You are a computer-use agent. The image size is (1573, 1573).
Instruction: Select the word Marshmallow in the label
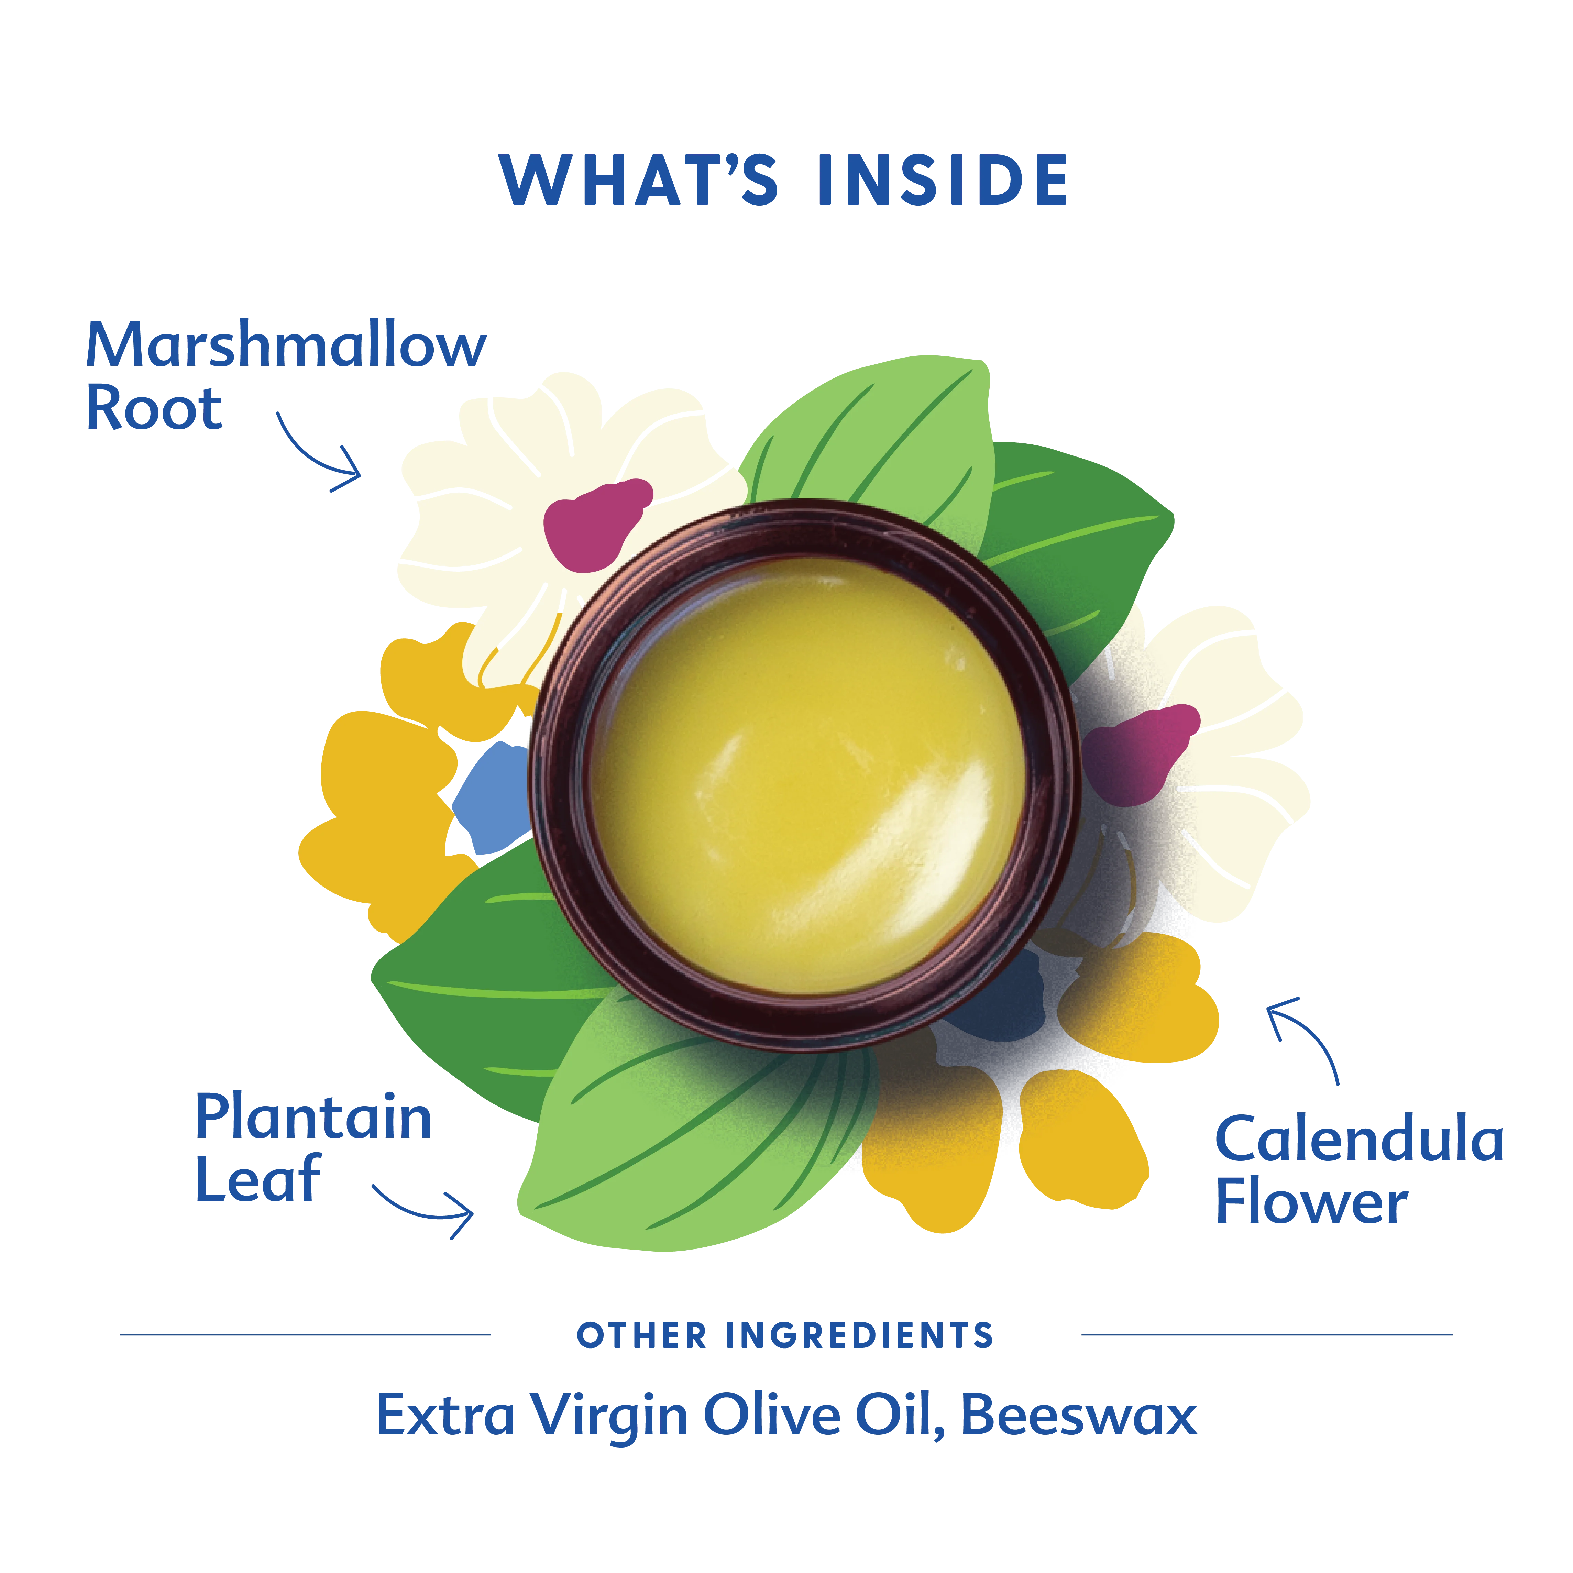287,345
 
